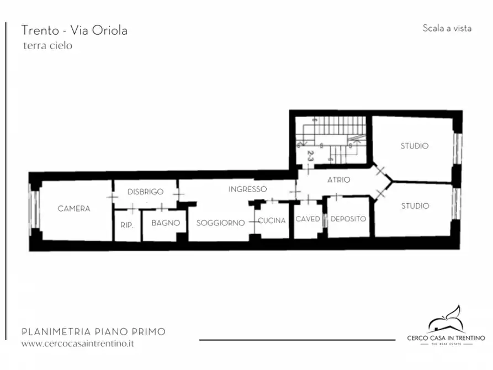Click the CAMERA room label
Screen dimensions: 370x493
[74, 209]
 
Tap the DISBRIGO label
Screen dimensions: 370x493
[145, 192]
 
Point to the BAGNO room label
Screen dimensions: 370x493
[166, 223]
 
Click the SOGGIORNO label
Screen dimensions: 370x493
[220, 223]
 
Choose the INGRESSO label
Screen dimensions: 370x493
[248, 189]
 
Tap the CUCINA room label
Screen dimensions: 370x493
[272, 220]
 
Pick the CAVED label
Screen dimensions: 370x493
[308, 219]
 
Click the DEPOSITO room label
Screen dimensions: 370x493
[348, 219]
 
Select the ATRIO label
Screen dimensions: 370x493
[338, 180]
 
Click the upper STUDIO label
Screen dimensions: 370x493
[414, 146]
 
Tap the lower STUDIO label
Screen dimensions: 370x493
[415, 206]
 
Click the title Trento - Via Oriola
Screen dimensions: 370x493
[74, 30]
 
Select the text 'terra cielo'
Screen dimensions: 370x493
[47, 46]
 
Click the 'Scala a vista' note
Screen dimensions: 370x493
[447, 28]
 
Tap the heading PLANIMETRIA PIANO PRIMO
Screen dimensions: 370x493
[93, 332]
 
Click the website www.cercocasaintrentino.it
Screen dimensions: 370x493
[78, 343]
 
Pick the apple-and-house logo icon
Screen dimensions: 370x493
[446, 320]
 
